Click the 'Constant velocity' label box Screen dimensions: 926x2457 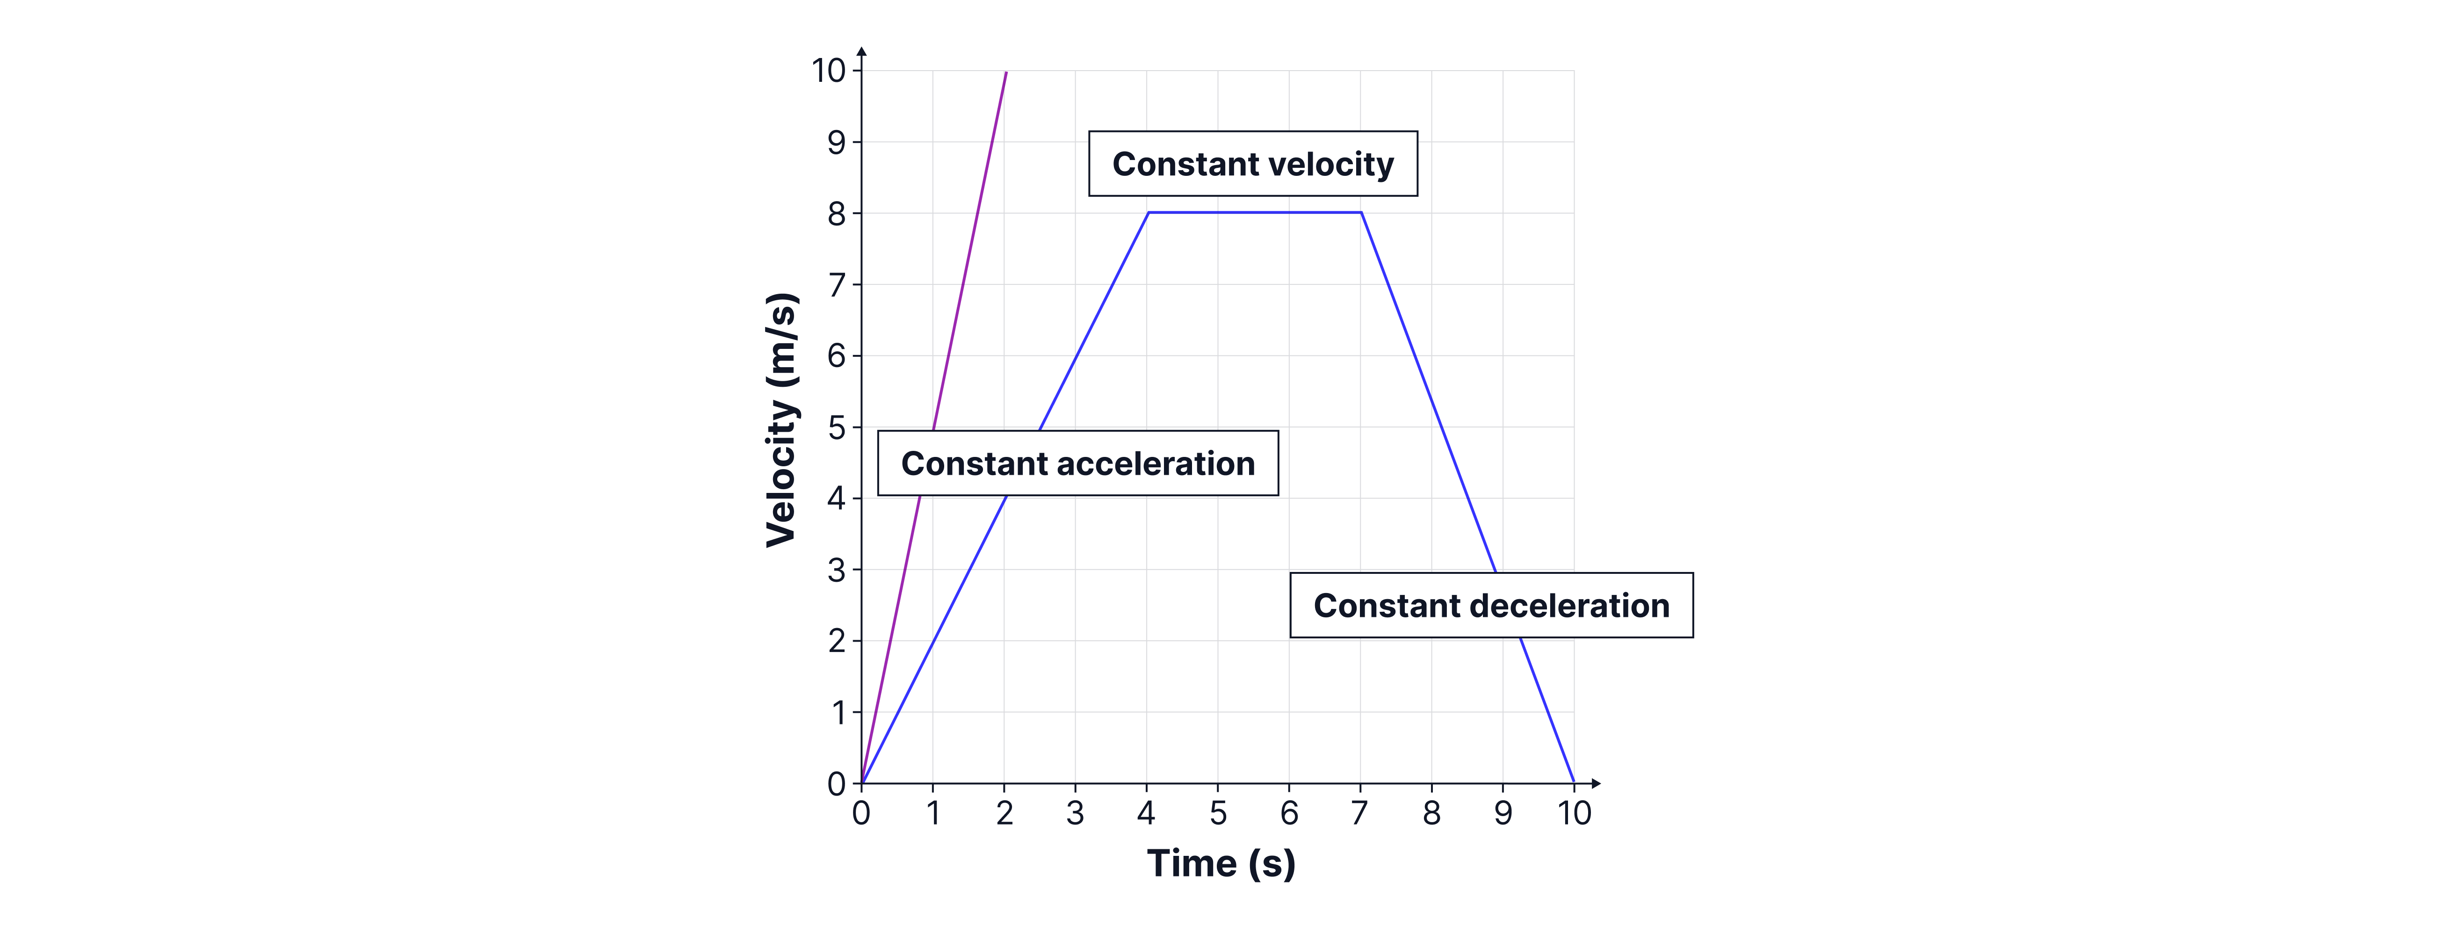(x=1252, y=164)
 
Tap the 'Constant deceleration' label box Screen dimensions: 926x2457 (x=1491, y=606)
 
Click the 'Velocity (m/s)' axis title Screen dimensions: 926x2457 (x=781, y=420)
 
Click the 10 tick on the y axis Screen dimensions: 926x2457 (x=828, y=71)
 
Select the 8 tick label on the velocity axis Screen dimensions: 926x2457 (x=837, y=214)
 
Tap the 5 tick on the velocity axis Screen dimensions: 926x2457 (x=837, y=427)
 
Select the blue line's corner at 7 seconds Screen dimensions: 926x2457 (x=1361, y=213)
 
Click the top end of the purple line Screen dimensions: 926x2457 (x=1006, y=72)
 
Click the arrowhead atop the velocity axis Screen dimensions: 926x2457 (x=861, y=51)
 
